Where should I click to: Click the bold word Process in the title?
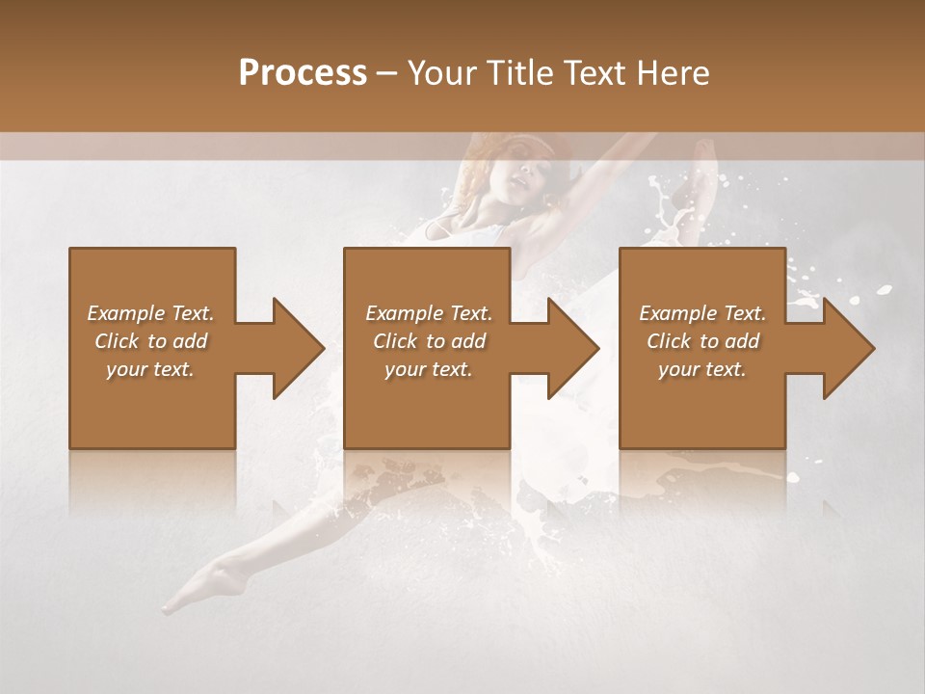[x=303, y=72]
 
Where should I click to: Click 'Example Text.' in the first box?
[x=150, y=313]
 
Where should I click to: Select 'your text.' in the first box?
[x=150, y=369]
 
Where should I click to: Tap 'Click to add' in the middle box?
[x=429, y=341]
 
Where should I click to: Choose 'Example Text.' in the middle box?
[x=429, y=313]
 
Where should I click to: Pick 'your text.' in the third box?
[x=702, y=369]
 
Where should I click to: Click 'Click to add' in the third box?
[x=702, y=341]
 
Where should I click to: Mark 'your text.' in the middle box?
[x=429, y=369]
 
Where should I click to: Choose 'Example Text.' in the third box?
[x=702, y=313]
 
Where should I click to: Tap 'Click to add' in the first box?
[x=150, y=341]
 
